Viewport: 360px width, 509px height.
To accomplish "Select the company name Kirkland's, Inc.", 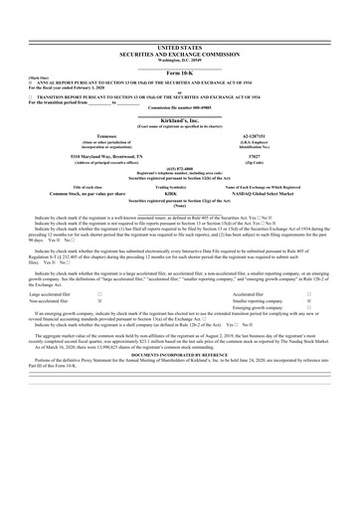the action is click(179, 115).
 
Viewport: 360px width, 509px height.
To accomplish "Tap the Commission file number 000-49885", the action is click(179, 104).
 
